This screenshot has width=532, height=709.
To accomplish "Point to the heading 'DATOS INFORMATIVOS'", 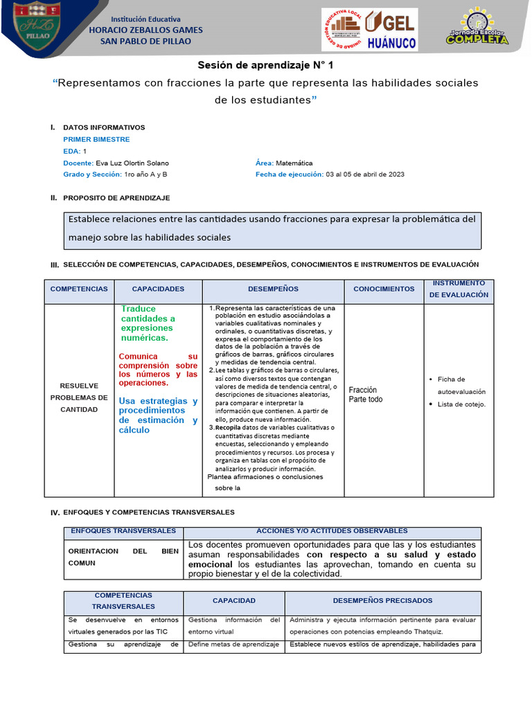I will [104, 127].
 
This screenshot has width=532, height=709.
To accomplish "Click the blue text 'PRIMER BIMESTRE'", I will [96, 139].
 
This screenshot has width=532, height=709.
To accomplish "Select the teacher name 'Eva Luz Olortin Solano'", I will [132, 163].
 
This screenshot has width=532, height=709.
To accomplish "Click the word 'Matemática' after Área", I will [294, 163].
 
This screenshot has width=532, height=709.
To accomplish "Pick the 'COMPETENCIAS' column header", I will [79, 289].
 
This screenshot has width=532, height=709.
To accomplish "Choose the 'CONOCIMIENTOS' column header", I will [384, 289].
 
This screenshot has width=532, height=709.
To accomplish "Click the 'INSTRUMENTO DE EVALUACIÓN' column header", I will [459, 289].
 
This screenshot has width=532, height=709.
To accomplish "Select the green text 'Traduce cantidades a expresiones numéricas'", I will [148, 323].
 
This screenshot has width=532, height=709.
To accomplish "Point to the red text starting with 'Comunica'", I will [158, 370].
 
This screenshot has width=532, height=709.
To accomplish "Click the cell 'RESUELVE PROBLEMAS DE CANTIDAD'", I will [79, 397].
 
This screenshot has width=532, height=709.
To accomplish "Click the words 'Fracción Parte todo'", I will [366, 395].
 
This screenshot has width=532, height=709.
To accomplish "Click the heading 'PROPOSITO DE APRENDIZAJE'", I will [116, 198].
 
